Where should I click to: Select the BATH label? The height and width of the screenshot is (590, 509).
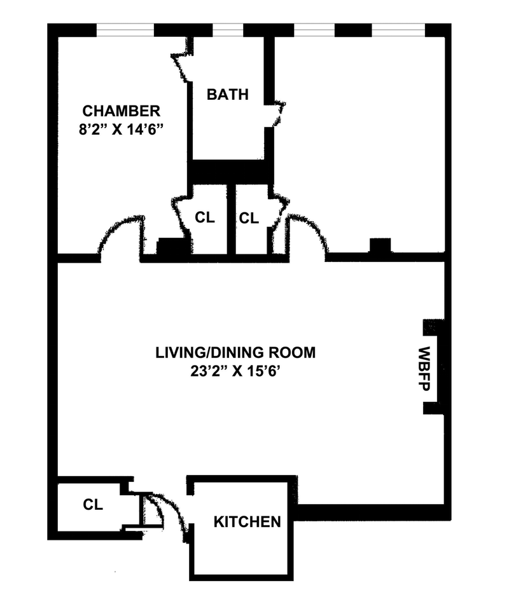[x=227, y=95]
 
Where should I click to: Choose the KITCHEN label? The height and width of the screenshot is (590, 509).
[x=247, y=522]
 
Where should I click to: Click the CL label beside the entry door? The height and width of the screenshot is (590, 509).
[x=92, y=505]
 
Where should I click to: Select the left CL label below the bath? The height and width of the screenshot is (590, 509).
[x=205, y=217]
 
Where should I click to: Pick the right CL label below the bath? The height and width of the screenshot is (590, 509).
[x=249, y=218]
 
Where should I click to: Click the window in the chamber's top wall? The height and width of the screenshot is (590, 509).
[x=125, y=29]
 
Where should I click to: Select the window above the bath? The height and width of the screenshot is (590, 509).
[x=227, y=29]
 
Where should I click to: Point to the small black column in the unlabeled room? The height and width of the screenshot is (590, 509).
[x=380, y=245]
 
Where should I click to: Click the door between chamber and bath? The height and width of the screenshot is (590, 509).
[x=183, y=60]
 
